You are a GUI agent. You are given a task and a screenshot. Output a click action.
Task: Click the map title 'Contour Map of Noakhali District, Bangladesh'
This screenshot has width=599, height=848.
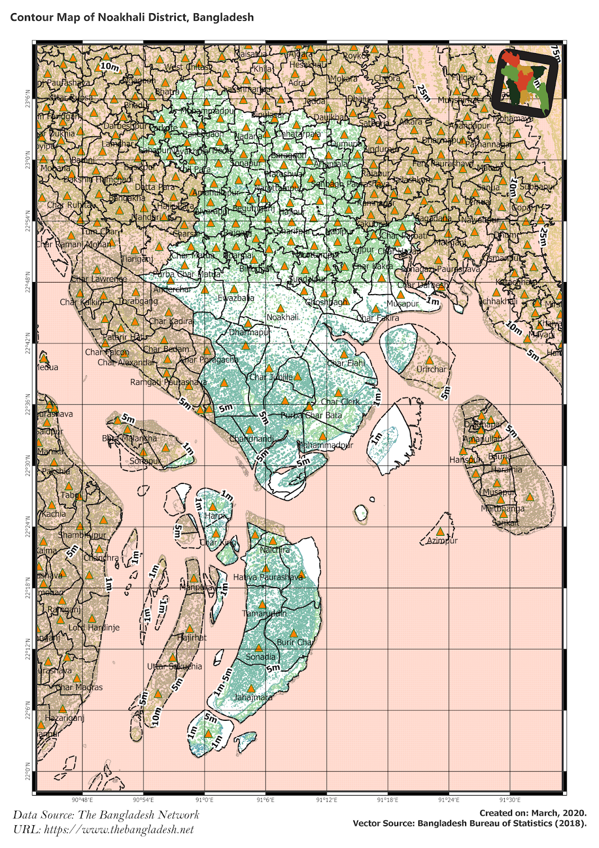(x=132, y=17)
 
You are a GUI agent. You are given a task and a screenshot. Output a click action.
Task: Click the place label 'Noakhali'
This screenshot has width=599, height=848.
(x=282, y=317)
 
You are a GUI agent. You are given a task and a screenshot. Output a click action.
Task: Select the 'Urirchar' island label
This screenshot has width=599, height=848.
(x=431, y=369)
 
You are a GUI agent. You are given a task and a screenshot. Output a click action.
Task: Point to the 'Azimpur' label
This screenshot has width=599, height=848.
(x=442, y=541)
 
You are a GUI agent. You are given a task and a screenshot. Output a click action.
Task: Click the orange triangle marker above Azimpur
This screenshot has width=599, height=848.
(x=441, y=532)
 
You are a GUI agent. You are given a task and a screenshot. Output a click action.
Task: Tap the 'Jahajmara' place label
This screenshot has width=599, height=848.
(x=253, y=697)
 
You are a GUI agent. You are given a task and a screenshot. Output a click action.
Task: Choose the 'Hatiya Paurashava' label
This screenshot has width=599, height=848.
(x=268, y=577)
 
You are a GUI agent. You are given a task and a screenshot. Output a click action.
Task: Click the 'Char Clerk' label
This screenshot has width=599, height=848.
(x=340, y=402)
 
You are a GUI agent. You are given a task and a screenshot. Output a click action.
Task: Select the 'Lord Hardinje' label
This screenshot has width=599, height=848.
(x=94, y=628)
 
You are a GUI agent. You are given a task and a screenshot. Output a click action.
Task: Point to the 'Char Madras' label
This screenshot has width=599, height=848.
(x=79, y=687)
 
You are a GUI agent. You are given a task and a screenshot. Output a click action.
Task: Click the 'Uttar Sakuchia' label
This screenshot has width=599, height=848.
(x=174, y=666)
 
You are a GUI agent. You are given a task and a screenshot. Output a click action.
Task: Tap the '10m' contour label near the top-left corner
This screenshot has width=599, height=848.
(x=110, y=66)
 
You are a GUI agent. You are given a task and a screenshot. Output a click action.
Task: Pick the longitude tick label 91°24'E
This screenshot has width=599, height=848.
(x=449, y=800)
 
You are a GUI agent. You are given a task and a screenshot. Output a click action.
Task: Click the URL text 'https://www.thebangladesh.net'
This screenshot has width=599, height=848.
(x=119, y=829)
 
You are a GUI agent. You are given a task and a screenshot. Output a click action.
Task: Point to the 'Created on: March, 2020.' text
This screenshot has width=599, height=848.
(x=533, y=813)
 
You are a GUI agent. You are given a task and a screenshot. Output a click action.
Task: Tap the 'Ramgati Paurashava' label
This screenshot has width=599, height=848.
(x=168, y=382)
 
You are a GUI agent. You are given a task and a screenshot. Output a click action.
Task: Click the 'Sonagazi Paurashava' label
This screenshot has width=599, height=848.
(x=440, y=269)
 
